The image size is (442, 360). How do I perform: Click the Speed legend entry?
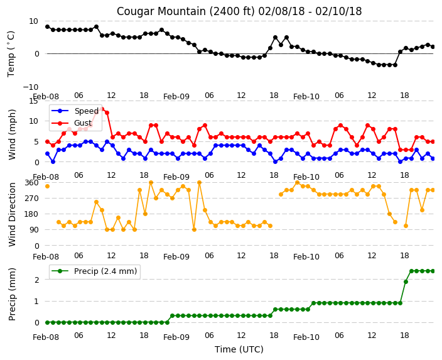[75, 111]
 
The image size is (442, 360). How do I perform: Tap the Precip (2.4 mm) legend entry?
[94, 271]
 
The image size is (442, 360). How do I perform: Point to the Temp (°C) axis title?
[11, 54]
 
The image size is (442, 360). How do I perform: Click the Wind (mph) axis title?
[12, 134]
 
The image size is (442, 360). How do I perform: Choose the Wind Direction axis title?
[12, 215]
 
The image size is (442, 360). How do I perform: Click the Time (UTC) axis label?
[239, 349]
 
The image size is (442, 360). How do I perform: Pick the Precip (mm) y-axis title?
[12, 295]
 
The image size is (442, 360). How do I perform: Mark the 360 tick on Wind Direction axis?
[31, 183]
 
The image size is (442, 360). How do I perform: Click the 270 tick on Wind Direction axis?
[31, 199]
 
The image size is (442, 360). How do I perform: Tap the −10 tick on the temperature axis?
[30, 87]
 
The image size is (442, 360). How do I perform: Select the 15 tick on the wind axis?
[33, 101]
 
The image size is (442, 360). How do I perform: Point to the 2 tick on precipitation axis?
[36, 280]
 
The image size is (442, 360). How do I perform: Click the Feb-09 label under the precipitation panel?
[176, 337]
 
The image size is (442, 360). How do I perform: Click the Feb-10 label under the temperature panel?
[306, 97]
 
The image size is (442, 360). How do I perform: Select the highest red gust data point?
[102, 109]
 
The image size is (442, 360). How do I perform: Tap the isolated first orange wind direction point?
[47, 186]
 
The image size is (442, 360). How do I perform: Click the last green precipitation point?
[433, 271]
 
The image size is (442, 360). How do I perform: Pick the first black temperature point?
[47, 27]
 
